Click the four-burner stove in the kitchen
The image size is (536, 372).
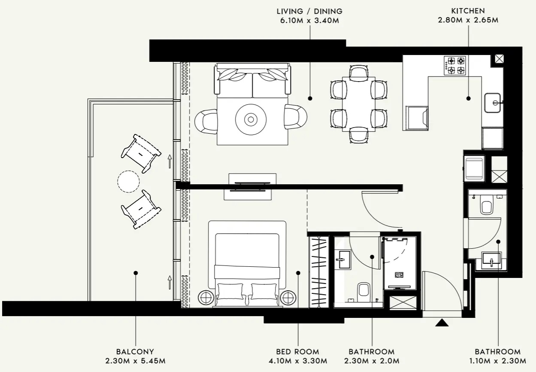click(x=456, y=65)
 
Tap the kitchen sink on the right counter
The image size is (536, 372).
click(x=494, y=103)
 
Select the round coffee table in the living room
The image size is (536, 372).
click(x=250, y=119)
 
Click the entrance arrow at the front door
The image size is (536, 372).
click(x=442, y=323)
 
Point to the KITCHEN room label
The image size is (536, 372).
click(x=468, y=11)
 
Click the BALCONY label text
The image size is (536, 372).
click(x=135, y=351)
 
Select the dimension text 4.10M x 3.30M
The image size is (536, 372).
click(x=298, y=361)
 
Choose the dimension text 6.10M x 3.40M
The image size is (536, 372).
click(x=309, y=21)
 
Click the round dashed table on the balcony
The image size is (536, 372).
click(x=128, y=182)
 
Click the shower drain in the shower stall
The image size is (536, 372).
click(x=400, y=275)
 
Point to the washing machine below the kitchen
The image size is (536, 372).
click(x=474, y=168)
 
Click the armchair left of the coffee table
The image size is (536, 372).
click(x=206, y=121)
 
